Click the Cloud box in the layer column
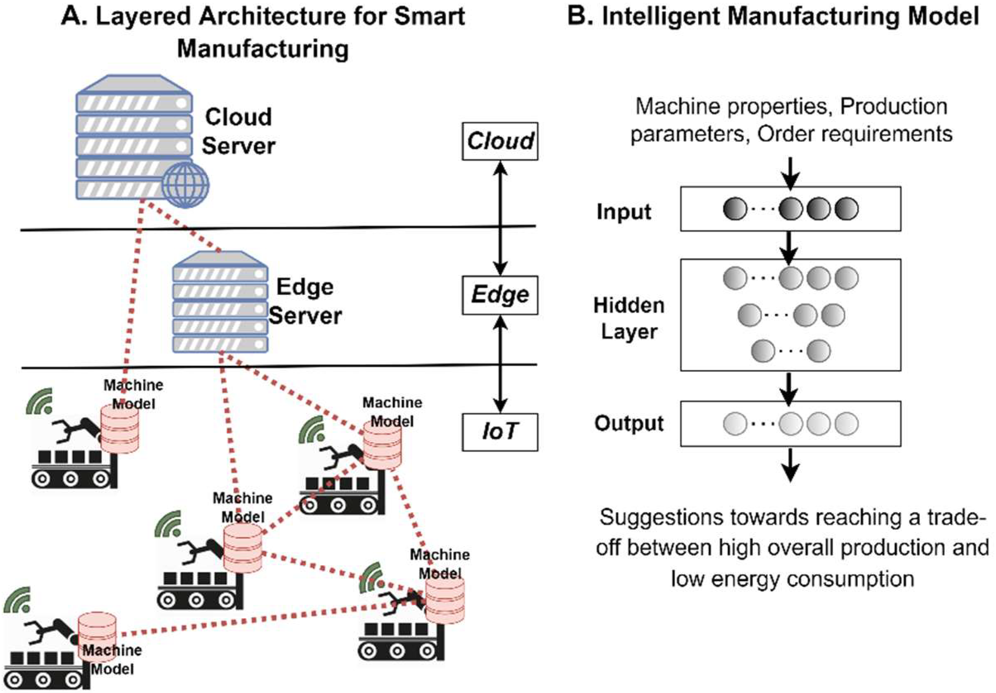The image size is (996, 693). point(500,141)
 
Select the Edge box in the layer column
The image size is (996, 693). point(500,295)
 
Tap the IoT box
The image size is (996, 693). point(500,432)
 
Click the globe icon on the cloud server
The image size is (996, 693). point(185,185)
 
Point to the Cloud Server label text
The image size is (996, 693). point(238,131)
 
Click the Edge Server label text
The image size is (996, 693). point(305,301)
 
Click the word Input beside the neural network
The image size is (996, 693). point(624,212)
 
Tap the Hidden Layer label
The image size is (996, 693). point(628,318)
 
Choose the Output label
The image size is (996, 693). point(628,423)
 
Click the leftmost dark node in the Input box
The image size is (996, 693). point(735,209)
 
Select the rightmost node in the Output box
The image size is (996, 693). point(846,424)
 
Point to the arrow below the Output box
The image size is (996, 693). point(791,465)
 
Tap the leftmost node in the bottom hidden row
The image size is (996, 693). point(763,351)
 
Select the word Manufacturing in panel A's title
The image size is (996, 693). point(263,49)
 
